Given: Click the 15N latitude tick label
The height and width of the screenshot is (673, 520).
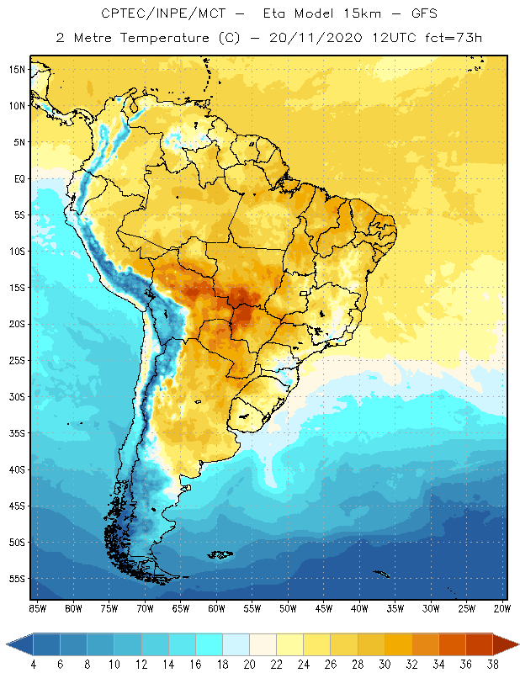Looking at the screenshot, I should (x=18, y=69).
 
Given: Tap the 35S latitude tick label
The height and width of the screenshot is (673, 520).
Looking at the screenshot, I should (x=18, y=433).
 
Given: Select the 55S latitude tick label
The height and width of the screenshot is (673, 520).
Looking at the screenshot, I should (x=18, y=579).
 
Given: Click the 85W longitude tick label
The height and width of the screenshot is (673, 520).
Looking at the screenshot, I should (x=38, y=607).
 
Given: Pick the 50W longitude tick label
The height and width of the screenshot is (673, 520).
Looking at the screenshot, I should (x=289, y=607).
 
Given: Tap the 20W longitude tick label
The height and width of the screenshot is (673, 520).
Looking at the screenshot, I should (x=502, y=607).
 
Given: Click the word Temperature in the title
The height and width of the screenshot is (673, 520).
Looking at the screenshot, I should (x=156, y=38).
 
